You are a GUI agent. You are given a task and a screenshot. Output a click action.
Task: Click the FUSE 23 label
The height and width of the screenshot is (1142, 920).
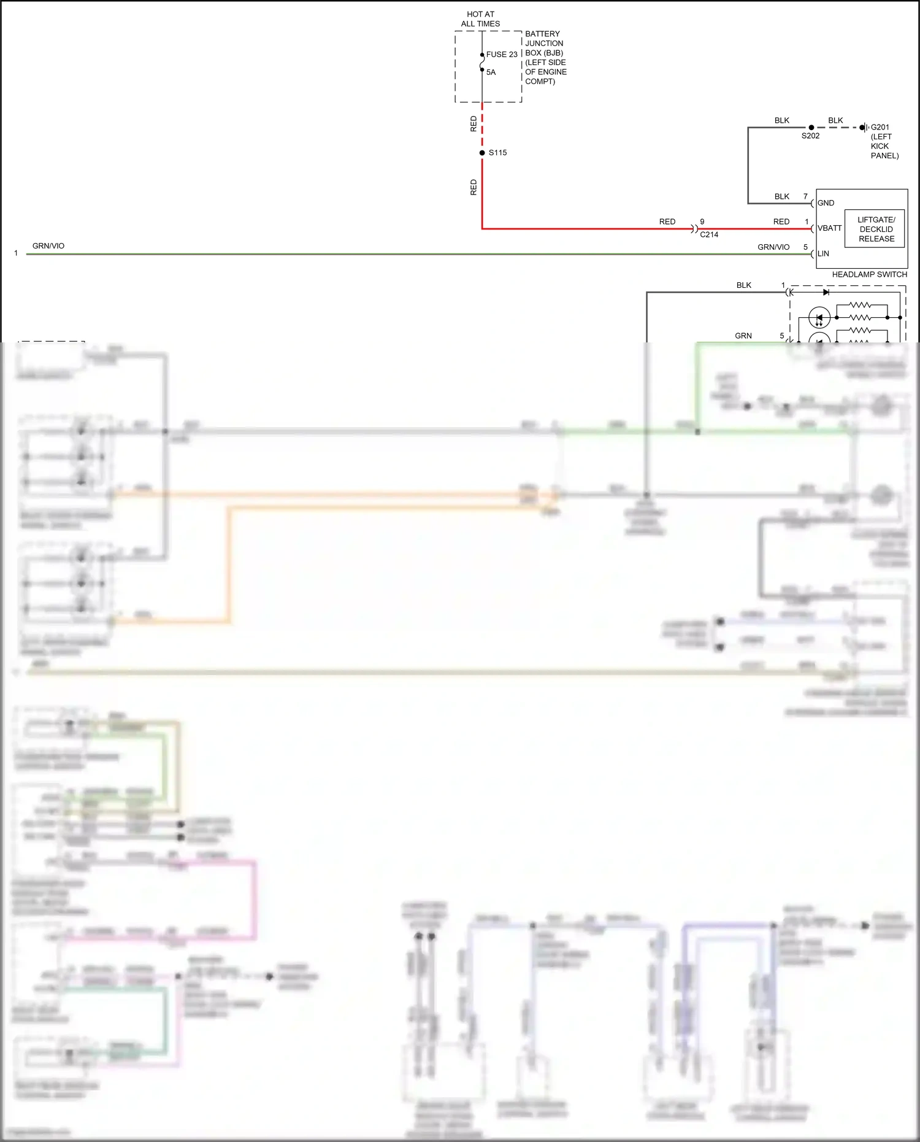point(501,55)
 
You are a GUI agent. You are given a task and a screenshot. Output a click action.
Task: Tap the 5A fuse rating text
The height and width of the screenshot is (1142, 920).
point(491,72)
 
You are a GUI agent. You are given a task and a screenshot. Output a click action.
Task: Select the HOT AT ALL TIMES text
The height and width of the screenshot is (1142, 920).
point(480,19)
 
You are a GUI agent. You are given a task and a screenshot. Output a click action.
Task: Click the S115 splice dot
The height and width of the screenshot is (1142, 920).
point(482,153)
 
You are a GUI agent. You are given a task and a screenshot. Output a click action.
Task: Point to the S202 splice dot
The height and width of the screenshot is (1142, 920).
point(811,128)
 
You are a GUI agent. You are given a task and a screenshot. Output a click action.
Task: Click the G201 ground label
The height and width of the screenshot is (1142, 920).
point(880,128)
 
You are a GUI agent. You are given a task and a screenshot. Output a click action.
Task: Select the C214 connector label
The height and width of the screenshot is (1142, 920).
point(708,234)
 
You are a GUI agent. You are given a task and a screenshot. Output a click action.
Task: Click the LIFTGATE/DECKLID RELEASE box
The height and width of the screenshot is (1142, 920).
point(875,229)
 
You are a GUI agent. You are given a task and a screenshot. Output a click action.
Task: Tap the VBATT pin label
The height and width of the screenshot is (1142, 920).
point(829,228)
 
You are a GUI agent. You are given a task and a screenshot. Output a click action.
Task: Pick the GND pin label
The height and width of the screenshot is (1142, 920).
point(826,203)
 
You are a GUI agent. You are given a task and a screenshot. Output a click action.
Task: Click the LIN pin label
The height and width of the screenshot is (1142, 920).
point(823,253)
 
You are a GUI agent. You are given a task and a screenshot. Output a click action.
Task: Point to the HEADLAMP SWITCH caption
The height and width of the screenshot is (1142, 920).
point(869,274)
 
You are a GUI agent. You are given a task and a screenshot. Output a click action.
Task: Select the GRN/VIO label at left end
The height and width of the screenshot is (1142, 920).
point(48,246)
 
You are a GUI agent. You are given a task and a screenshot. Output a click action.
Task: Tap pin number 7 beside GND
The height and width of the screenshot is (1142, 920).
point(805,196)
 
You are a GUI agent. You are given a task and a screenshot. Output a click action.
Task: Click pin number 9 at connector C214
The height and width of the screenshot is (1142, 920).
point(702,222)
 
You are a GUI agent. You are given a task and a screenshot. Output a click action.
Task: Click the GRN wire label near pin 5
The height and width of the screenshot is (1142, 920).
point(743,336)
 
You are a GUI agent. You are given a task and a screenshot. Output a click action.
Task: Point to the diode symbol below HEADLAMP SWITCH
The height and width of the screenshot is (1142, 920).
point(826,293)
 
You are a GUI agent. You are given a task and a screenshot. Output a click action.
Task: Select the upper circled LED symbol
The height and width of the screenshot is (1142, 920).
point(819,318)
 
